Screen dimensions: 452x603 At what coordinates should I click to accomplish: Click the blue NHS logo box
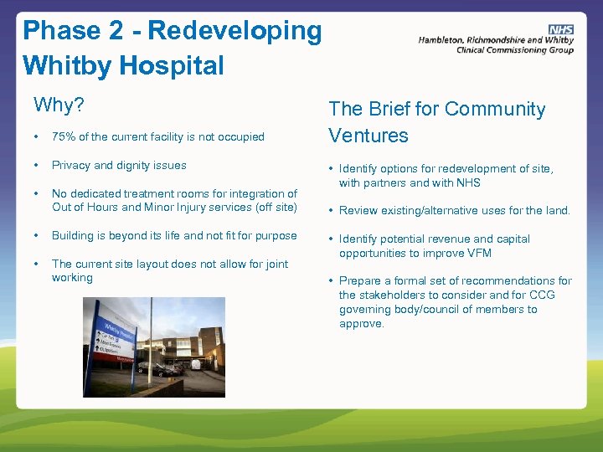click(x=561, y=29)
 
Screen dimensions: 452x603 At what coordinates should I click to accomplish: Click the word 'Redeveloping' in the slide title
click(x=234, y=31)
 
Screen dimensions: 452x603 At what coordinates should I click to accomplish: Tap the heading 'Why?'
click(x=59, y=105)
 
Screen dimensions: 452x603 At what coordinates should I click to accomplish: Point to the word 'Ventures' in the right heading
click(x=368, y=136)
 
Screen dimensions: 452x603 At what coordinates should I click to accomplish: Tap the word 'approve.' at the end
click(x=362, y=323)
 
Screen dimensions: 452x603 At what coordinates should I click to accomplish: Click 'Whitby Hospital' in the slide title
click(x=123, y=65)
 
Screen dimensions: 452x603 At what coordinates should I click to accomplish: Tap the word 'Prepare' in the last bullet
click(x=361, y=280)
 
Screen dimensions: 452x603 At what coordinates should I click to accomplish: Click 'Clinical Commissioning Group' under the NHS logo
click(x=514, y=50)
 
